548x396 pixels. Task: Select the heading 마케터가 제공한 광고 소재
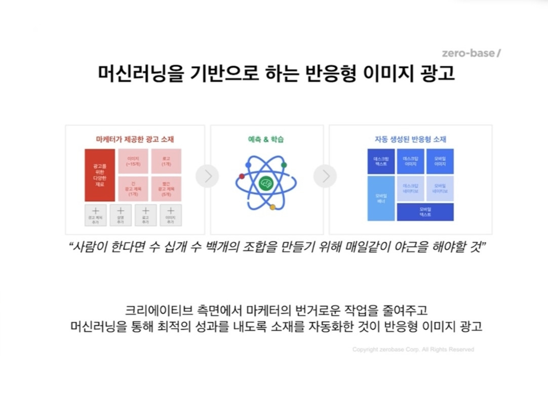135,139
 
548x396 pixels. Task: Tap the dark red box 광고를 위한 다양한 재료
99,175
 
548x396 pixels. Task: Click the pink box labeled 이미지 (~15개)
133,161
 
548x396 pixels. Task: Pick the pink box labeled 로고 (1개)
166,161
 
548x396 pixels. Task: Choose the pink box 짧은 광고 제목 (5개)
166,189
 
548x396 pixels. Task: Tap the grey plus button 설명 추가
121,215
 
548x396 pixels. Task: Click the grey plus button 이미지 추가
171,215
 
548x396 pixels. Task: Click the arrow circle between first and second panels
207,176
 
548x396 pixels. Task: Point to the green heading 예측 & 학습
266,139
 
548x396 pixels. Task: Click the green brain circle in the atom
265,183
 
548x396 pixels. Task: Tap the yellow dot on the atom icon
272,207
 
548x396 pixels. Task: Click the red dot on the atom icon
242,176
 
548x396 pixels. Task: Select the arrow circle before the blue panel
325,176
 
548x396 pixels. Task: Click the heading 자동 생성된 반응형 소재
410,139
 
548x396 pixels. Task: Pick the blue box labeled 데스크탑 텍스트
381,161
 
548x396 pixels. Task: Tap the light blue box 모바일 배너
381,198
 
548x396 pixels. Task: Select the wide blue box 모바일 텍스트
425,212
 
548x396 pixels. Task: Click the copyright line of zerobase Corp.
413,349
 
